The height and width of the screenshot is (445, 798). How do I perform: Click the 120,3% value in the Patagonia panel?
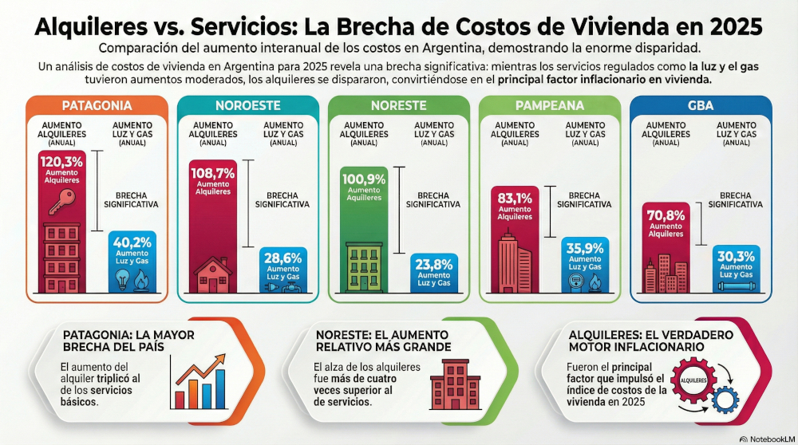(x=61, y=162)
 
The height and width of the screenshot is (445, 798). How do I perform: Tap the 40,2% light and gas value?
(x=132, y=242)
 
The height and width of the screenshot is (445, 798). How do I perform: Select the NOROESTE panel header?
(x=248, y=105)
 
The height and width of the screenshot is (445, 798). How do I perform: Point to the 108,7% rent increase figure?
(x=213, y=173)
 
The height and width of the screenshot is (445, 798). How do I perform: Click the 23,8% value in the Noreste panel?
(x=433, y=265)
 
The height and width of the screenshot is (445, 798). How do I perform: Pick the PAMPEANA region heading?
(x=550, y=105)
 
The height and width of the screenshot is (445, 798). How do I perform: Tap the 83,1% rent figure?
(x=515, y=199)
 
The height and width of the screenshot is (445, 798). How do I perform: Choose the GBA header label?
(x=701, y=105)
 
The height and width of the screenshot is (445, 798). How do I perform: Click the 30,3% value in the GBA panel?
(x=736, y=256)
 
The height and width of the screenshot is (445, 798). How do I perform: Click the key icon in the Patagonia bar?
(x=62, y=202)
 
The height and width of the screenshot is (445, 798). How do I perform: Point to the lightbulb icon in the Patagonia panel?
(x=122, y=280)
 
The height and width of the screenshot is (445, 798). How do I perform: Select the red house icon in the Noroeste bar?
(x=213, y=275)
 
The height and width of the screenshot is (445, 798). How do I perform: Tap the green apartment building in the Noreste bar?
(x=364, y=267)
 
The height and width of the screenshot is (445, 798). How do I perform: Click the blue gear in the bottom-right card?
(x=725, y=399)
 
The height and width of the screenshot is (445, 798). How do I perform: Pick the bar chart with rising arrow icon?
(x=198, y=382)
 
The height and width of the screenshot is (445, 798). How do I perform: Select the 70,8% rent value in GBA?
(x=666, y=215)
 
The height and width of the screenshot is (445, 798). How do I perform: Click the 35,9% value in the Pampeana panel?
(x=585, y=248)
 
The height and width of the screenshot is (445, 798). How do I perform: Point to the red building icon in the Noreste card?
(x=455, y=384)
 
